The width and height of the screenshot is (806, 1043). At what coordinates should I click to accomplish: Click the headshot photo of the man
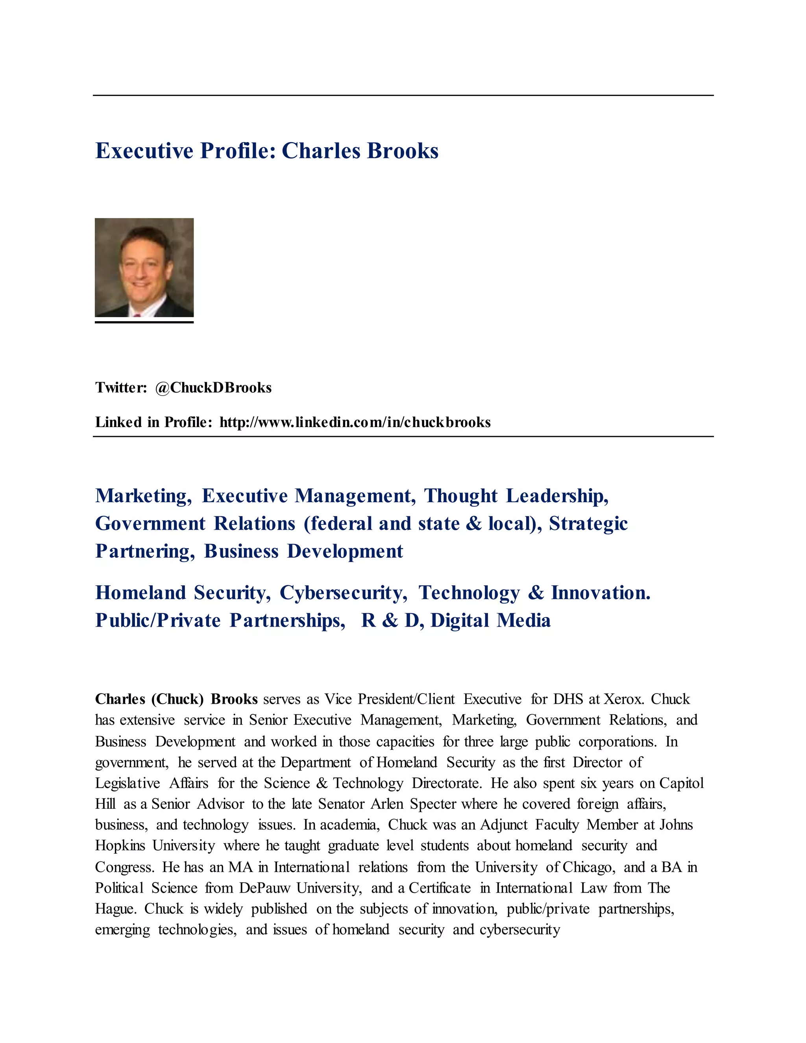tap(144, 267)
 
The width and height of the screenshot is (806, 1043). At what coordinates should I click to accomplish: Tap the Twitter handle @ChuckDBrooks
tap(213, 387)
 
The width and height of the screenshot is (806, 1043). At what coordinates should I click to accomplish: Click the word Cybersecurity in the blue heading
tap(343, 593)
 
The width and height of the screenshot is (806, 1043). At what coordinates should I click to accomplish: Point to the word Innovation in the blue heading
tap(600, 593)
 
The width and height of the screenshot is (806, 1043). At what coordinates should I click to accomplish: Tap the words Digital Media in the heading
tap(490, 620)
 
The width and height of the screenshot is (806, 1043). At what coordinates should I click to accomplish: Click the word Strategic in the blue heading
tap(588, 523)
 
